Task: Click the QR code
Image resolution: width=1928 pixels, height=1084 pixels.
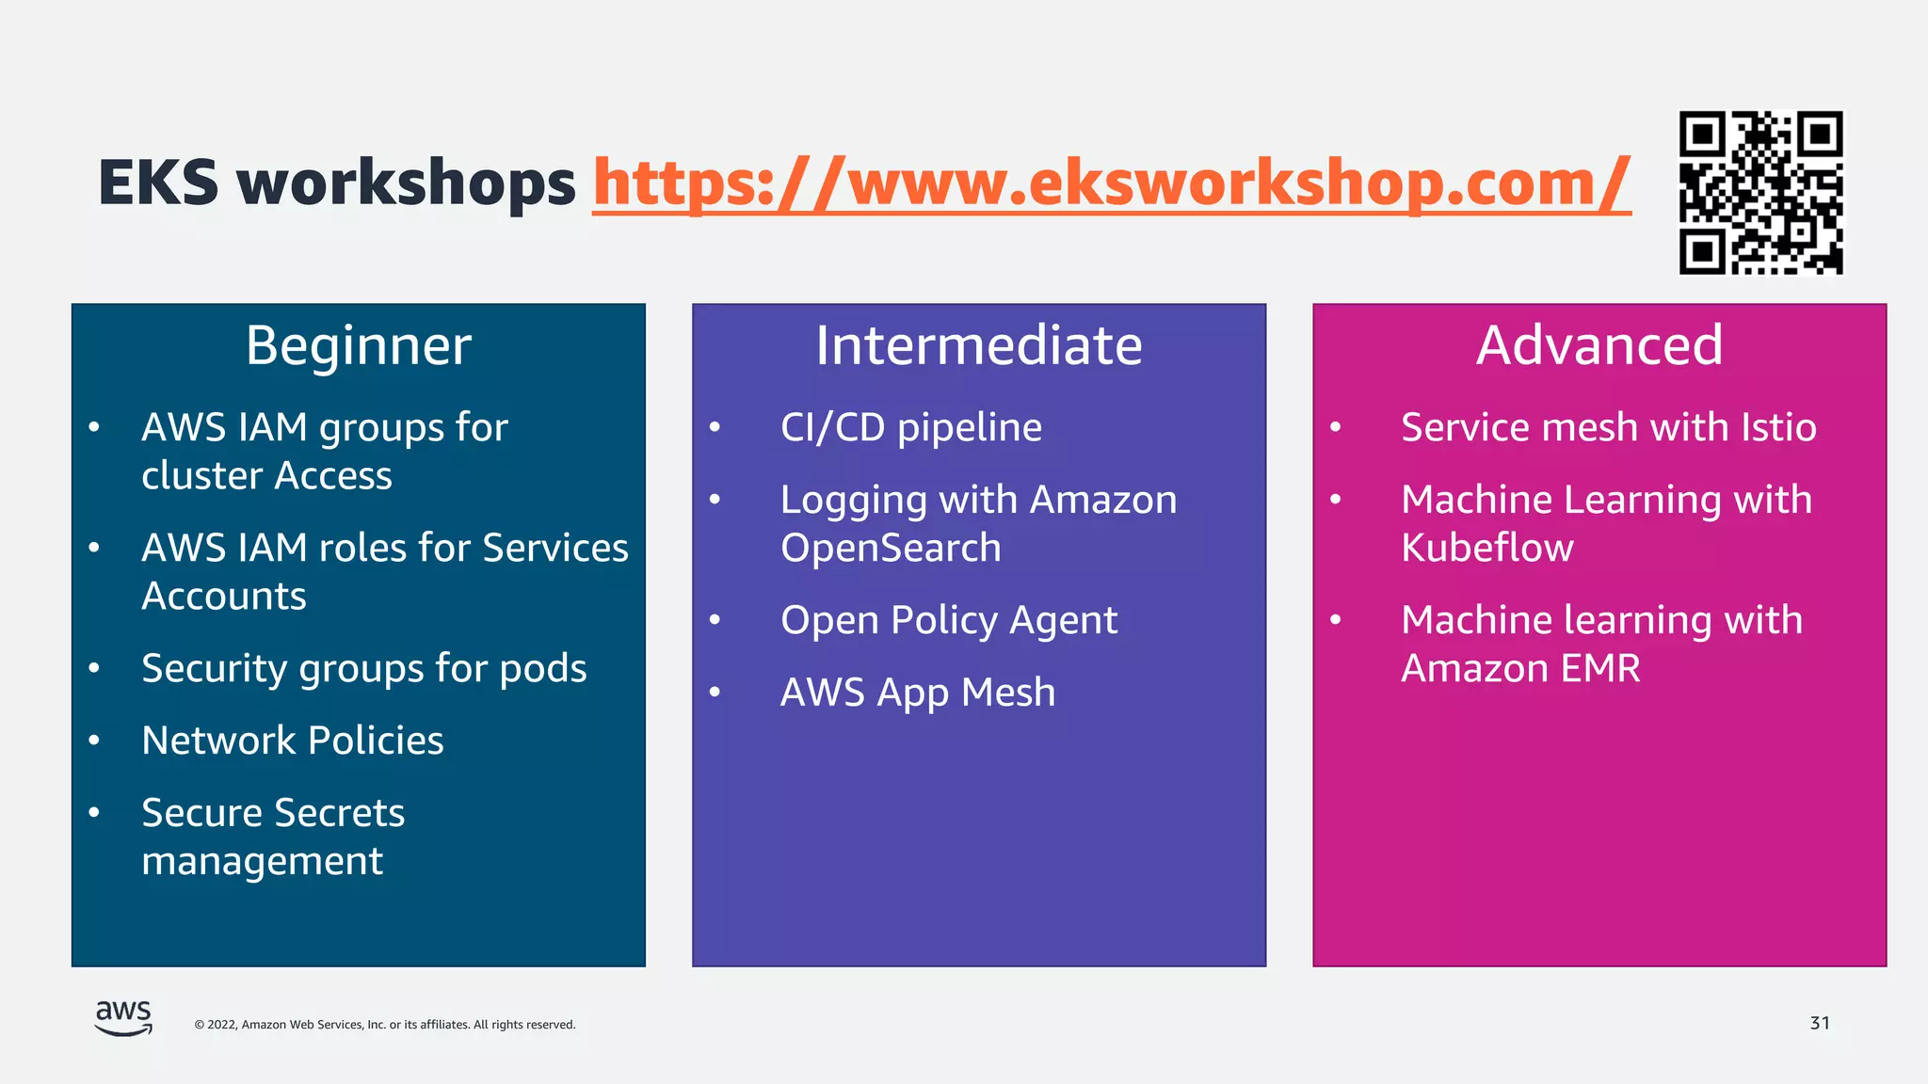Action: click(1760, 193)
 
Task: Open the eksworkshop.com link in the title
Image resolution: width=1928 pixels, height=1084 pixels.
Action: click(1111, 183)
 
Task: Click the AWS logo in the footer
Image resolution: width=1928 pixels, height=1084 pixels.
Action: click(123, 1018)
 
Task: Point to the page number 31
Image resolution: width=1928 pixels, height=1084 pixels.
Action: click(1820, 1023)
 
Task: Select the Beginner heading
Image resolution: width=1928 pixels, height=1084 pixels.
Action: click(358, 345)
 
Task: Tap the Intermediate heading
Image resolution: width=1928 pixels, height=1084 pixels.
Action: click(979, 345)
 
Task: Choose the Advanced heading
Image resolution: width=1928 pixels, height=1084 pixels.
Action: click(1599, 345)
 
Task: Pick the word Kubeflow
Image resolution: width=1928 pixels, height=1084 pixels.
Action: click(1486, 548)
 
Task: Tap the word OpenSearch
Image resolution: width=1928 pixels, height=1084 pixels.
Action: click(891, 548)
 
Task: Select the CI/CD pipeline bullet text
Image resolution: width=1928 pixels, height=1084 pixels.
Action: click(911, 428)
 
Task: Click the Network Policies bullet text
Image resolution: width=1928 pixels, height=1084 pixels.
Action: click(293, 741)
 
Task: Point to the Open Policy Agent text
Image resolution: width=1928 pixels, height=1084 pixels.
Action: click(949, 620)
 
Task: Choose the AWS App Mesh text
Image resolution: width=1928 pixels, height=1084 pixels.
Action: click(918, 693)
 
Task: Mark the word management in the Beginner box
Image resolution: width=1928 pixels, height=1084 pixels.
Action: click(262, 862)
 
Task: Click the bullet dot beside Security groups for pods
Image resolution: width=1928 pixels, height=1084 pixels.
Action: click(94, 669)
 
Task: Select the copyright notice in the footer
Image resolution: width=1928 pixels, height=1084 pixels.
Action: click(384, 1025)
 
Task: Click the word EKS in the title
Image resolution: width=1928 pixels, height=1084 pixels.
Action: click(158, 183)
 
